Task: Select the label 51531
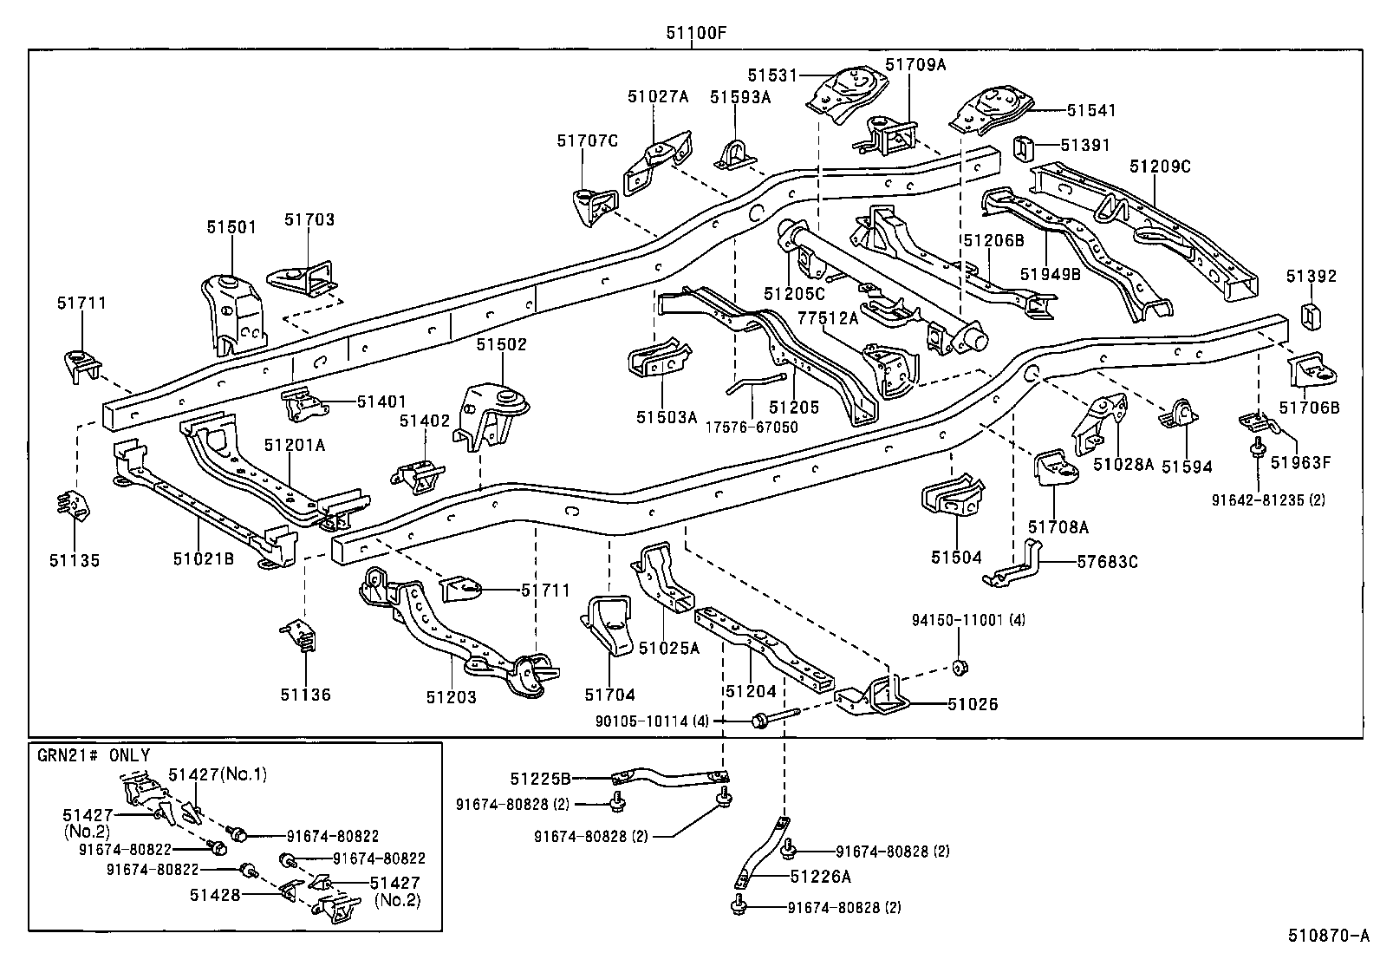pos(771,76)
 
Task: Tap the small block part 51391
pos(1024,147)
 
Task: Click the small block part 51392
pos(1311,317)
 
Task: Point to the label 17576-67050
pos(751,428)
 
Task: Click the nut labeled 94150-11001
pos(960,667)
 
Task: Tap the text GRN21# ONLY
pos(94,756)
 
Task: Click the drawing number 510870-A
pos(1327,936)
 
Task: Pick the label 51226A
pos(820,877)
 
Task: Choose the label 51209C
pos(1160,166)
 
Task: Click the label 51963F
pos(1299,462)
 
